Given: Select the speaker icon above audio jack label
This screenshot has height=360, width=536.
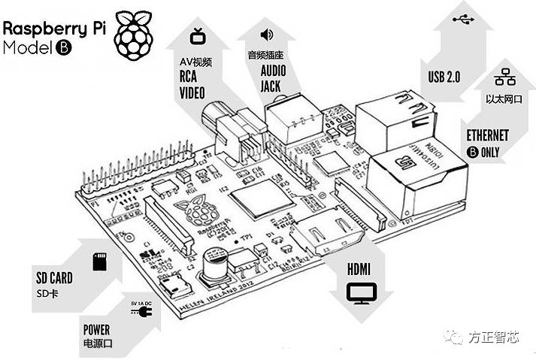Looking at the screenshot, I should tap(266, 35).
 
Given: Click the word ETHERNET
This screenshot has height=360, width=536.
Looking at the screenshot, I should tap(488, 135).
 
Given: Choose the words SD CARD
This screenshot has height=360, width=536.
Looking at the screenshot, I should tap(53, 275).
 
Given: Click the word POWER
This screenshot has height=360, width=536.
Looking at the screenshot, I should tap(97, 329).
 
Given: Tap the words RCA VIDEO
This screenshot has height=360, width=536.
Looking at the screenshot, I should tap(192, 85).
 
